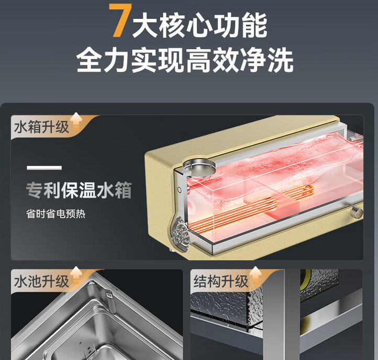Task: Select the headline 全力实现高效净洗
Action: (185, 60)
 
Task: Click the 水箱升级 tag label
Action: (42, 127)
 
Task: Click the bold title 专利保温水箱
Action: (79, 190)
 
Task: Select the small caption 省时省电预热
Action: (56, 213)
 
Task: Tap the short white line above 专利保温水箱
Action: (45, 168)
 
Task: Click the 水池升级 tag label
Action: (42, 282)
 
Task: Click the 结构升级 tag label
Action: (221, 282)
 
